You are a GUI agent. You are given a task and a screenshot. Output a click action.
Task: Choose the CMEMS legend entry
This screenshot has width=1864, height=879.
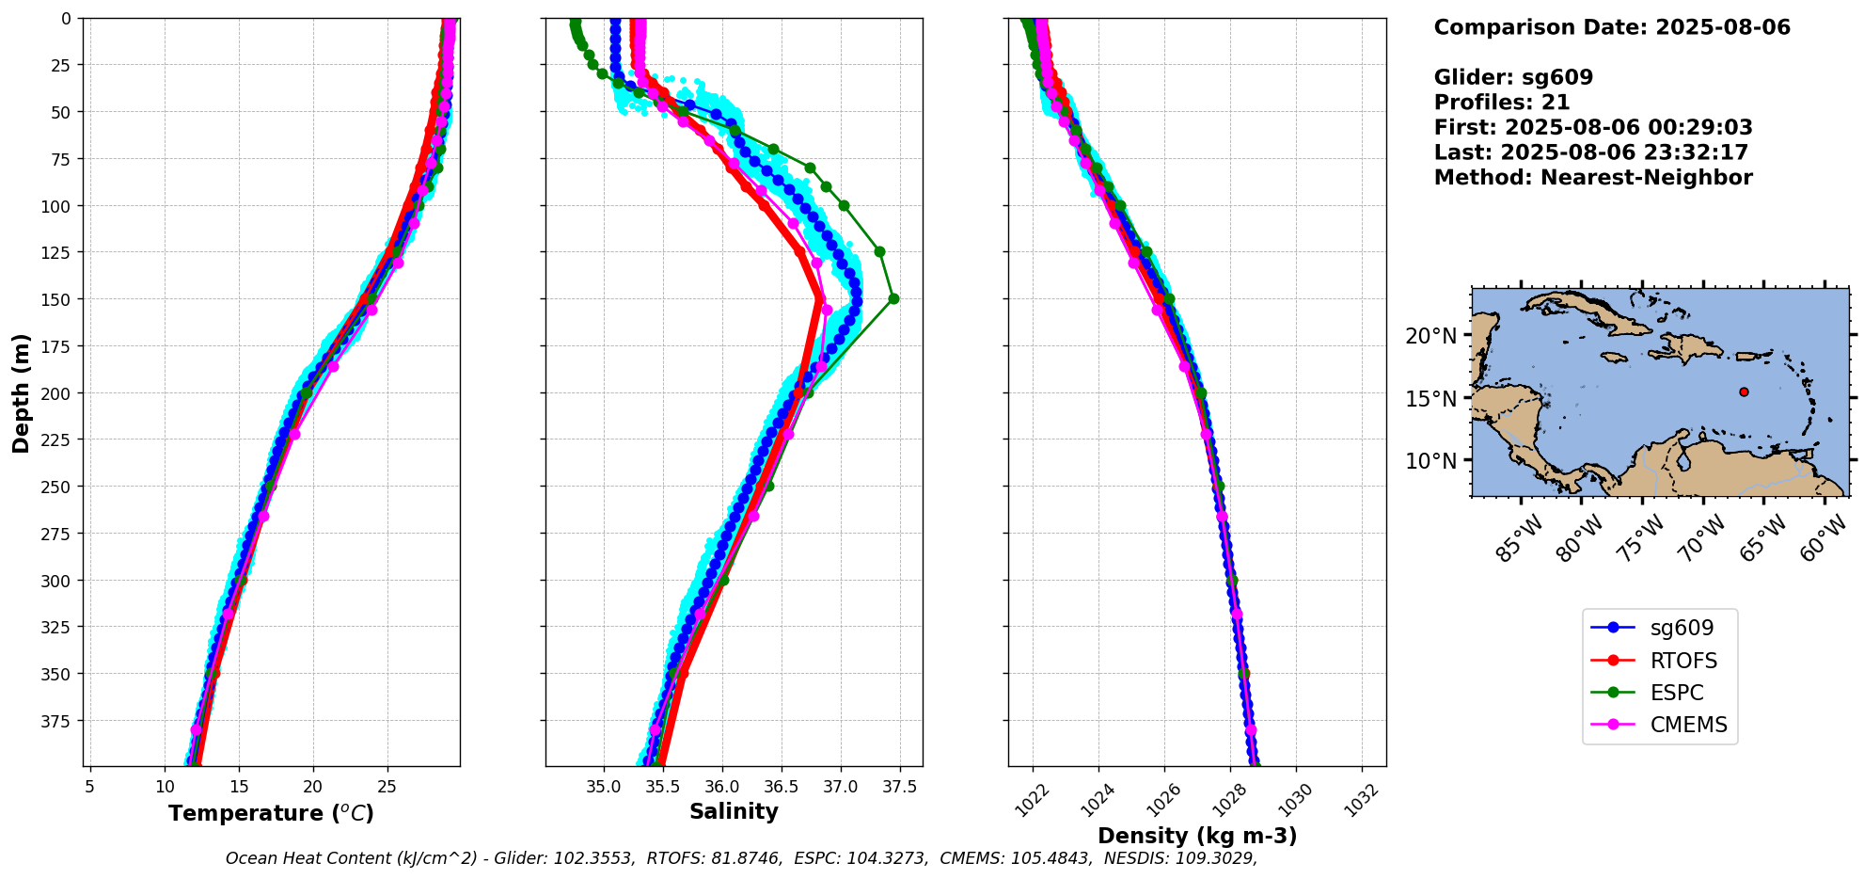(1660, 725)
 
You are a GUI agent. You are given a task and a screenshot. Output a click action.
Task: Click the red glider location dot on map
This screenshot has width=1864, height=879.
(1744, 392)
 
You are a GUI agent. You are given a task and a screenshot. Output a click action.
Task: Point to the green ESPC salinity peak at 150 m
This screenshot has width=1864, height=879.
(893, 299)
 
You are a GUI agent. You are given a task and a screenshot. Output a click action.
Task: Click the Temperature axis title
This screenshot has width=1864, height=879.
(271, 813)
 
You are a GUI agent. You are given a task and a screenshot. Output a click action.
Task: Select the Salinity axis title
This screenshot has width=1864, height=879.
(734, 811)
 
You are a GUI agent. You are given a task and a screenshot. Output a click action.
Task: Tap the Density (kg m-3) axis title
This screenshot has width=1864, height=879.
(1197, 836)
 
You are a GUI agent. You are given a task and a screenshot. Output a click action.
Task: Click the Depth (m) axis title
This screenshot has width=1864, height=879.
(21, 392)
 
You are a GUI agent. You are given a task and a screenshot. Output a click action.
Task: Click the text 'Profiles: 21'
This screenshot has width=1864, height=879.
(1502, 103)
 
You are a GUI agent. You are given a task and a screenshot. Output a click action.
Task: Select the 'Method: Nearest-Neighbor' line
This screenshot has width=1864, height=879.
(1593, 178)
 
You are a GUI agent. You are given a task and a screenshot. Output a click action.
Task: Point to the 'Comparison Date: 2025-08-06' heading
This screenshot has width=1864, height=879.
(1612, 27)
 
